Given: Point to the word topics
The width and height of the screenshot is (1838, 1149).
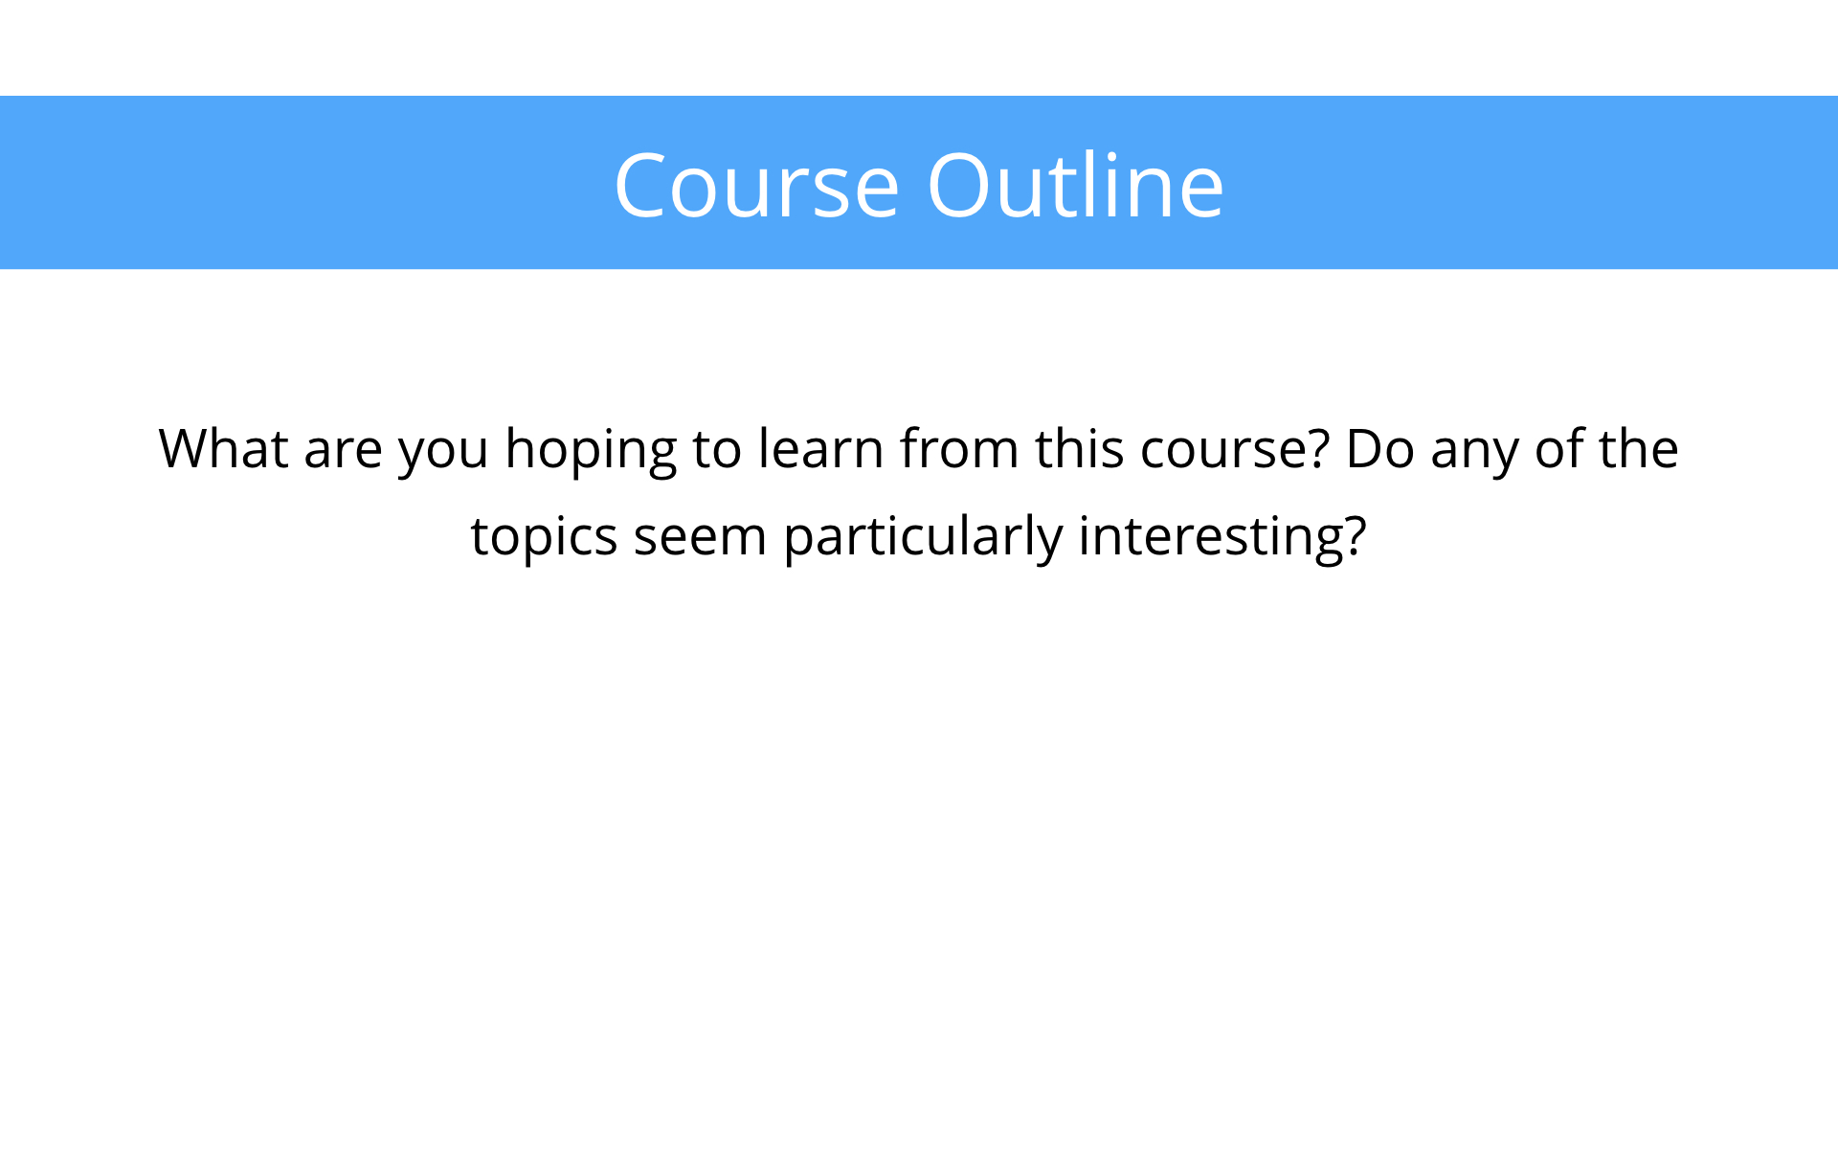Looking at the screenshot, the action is click(544, 538).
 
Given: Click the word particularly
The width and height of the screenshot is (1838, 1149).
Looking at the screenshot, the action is click(923, 538).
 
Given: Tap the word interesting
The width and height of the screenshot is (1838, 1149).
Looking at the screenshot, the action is click(1210, 538).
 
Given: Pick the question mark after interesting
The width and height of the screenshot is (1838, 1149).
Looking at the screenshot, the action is click(1355, 536).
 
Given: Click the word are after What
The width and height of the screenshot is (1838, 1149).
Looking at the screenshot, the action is click(344, 452).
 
